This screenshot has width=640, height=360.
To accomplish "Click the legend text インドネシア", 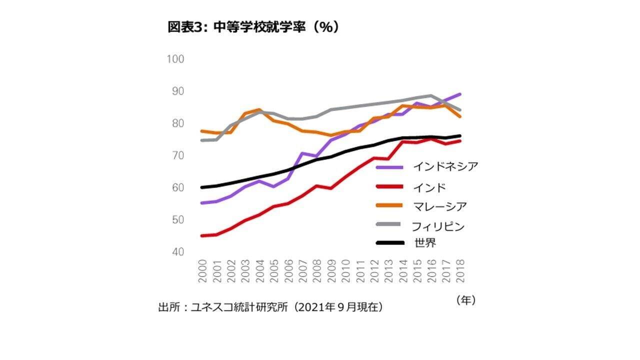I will tap(445, 167).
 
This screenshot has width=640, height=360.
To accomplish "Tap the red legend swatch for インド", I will tap(389, 187).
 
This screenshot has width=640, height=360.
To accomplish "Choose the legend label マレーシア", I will tap(440, 206).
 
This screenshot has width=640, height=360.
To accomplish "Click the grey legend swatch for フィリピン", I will tap(389, 224).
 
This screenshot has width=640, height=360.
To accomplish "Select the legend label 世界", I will tap(425, 243).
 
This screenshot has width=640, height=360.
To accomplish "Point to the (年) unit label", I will tap(465, 300).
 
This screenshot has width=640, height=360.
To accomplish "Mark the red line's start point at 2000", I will tap(202, 235).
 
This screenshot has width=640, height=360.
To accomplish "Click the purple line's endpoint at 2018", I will tap(459, 94).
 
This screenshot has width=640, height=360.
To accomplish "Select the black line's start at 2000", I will tap(202, 187).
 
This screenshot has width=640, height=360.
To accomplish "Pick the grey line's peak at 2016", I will tap(431, 95).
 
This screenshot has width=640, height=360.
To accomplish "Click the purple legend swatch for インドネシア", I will tap(389, 167).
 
